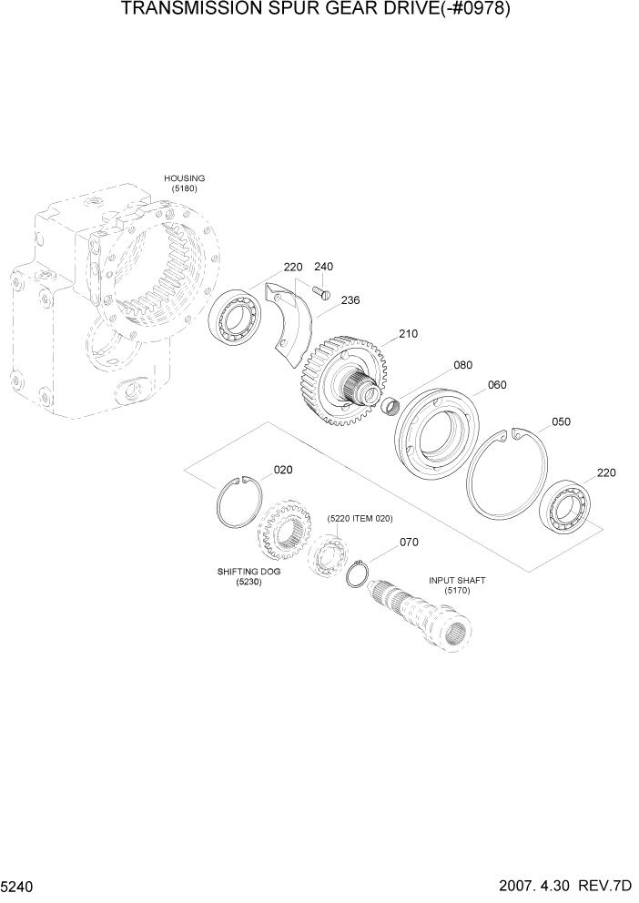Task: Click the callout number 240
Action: pos(323,267)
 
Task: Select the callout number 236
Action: pos(351,299)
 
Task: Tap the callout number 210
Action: pos(407,334)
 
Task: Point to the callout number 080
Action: pos(462,365)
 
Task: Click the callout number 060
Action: pos(497,385)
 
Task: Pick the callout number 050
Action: pos(561,422)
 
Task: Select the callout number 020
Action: pos(283,471)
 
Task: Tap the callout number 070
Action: pos(409,543)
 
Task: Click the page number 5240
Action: pos(19,885)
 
